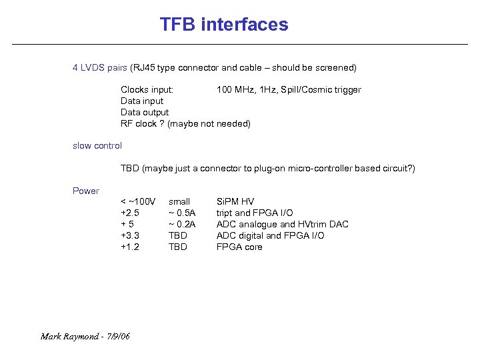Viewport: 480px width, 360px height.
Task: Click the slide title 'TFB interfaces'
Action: click(x=224, y=25)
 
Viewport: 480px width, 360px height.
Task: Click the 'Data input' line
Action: click(x=142, y=101)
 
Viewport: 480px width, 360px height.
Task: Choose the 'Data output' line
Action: click(x=145, y=113)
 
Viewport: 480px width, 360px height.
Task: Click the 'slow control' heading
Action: click(x=97, y=145)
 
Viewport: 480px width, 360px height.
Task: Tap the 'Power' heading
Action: click(x=86, y=191)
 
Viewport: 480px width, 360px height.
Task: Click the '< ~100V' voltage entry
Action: click(x=138, y=201)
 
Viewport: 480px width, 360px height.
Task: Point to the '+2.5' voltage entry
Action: click(x=130, y=213)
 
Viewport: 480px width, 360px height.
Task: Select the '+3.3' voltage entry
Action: click(x=130, y=235)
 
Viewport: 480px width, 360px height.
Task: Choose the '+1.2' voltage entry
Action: click(x=130, y=247)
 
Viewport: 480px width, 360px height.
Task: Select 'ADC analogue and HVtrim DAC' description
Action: click(x=282, y=224)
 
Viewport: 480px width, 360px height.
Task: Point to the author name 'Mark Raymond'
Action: click(x=68, y=336)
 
